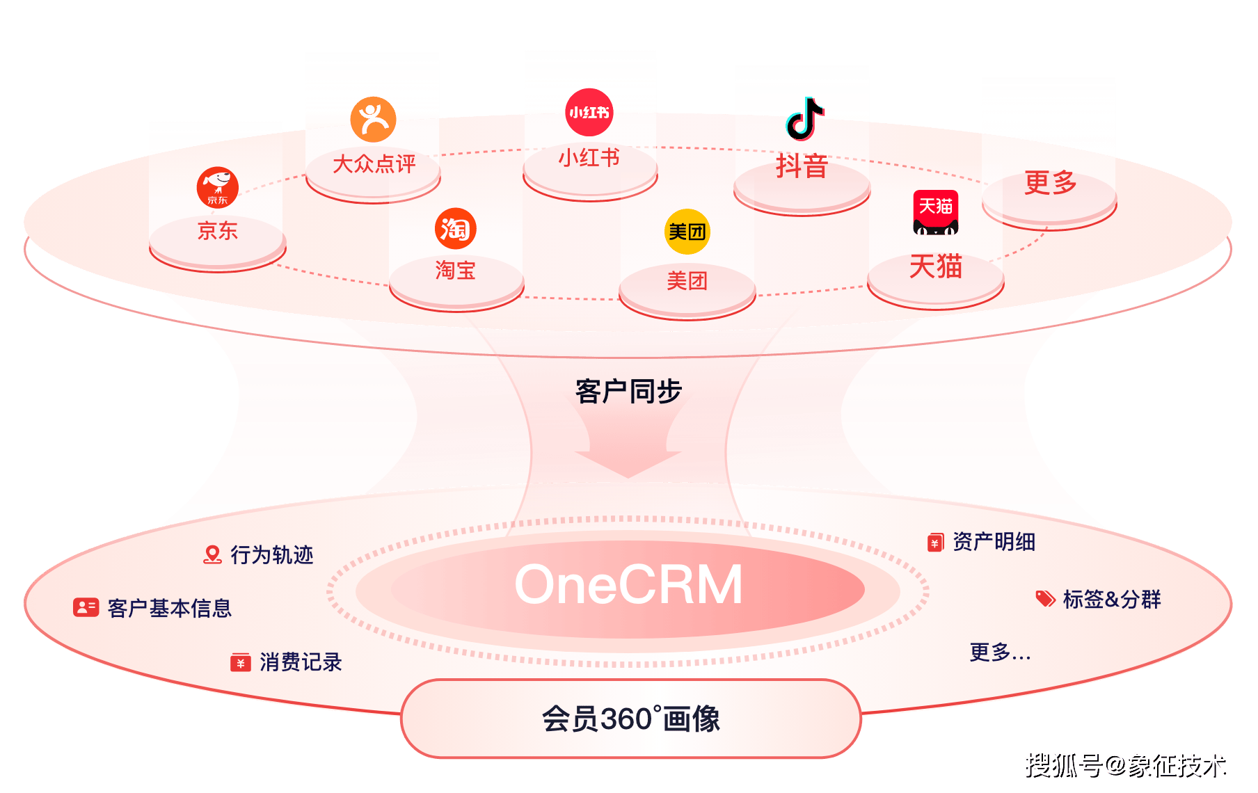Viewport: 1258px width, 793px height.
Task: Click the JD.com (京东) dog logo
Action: (x=218, y=187)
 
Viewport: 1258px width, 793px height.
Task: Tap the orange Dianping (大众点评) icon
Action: (x=374, y=120)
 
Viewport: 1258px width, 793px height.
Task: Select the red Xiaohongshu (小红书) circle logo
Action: (x=589, y=112)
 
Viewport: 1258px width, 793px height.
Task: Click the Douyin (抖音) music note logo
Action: (x=805, y=118)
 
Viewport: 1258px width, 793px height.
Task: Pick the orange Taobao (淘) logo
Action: (x=456, y=228)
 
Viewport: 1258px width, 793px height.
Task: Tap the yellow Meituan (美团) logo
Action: (x=687, y=231)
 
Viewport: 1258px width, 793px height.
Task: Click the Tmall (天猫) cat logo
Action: (x=936, y=212)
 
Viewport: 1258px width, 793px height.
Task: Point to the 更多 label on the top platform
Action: (x=1050, y=182)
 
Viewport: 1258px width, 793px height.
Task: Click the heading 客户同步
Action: (x=628, y=391)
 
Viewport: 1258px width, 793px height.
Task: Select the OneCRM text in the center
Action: (x=628, y=584)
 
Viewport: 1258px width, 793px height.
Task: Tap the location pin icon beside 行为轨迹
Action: (x=212, y=554)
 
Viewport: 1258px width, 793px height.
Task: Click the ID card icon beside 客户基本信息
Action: (x=86, y=607)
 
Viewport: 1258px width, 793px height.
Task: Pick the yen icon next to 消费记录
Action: (x=241, y=662)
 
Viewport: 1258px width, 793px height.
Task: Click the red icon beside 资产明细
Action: (x=935, y=543)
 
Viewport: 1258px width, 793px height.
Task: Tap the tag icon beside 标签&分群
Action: (x=1045, y=599)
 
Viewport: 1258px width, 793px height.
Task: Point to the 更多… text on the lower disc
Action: (x=1000, y=652)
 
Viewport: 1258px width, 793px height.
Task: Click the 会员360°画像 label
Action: (x=631, y=719)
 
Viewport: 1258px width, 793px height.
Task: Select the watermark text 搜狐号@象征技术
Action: (x=1124, y=764)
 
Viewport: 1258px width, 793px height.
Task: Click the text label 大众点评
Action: (x=374, y=164)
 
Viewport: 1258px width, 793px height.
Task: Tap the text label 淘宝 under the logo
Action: (x=456, y=270)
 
